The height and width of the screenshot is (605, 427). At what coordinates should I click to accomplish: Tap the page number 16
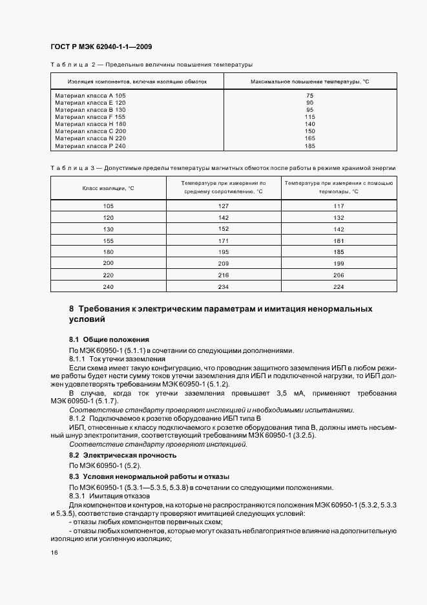coord(54,553)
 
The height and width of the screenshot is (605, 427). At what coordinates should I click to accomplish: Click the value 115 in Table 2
coord(309,116)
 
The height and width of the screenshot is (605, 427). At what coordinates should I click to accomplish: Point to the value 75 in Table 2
coord(309,96)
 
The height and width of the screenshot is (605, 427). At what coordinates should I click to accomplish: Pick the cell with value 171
coord(224,240)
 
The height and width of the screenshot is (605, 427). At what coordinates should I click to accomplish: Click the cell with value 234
coord(224,286)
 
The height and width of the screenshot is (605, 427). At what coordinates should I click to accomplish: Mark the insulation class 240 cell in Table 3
coord(108,286)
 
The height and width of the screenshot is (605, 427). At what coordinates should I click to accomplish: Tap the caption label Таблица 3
coord(70,167)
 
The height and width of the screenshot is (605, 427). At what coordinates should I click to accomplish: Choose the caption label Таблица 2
coord(70,65)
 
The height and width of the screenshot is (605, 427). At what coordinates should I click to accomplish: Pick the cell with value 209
coord(224,263)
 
